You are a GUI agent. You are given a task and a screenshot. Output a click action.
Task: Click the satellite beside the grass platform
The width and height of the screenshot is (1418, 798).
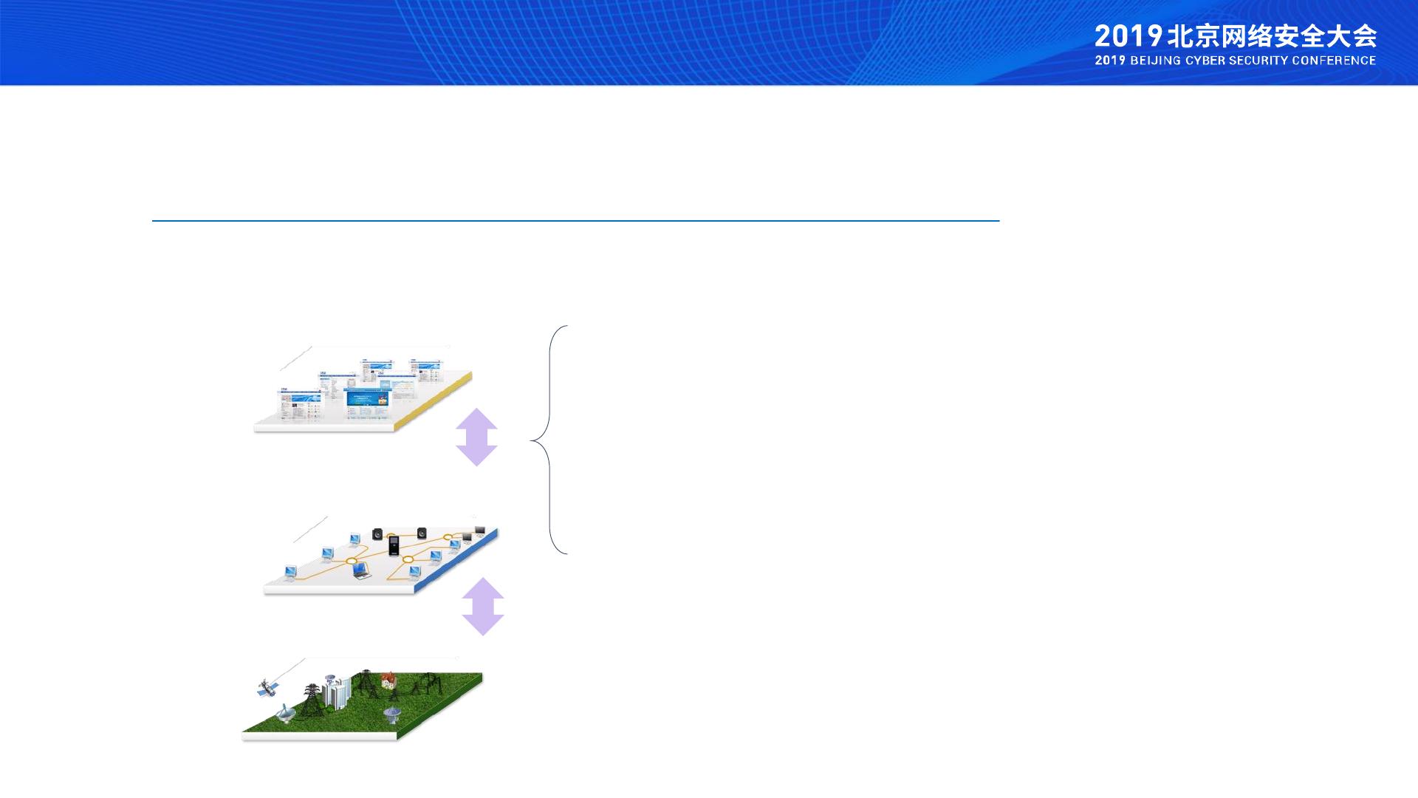267,689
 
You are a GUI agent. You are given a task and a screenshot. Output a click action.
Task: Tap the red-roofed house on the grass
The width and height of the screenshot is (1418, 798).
388,680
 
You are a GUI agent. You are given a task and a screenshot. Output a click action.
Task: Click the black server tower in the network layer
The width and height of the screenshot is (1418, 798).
394,545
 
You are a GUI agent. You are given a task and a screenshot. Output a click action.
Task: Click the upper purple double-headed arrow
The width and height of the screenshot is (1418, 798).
476,437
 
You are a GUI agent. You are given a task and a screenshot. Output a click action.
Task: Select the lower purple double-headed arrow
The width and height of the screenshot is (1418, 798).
483,606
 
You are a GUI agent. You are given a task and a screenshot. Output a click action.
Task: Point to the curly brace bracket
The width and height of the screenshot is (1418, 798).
549,440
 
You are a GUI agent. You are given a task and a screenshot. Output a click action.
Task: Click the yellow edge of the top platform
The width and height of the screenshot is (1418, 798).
434,400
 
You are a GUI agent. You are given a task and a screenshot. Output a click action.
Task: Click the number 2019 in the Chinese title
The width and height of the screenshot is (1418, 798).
1128,36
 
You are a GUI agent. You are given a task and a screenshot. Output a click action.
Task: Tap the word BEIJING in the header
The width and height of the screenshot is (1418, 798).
1156,61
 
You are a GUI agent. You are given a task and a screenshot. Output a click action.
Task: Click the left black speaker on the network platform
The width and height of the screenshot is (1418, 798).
378,533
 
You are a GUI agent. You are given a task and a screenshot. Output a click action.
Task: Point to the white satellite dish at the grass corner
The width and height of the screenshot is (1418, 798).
285,713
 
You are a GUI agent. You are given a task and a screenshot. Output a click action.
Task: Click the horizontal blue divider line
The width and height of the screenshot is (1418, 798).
575,220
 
